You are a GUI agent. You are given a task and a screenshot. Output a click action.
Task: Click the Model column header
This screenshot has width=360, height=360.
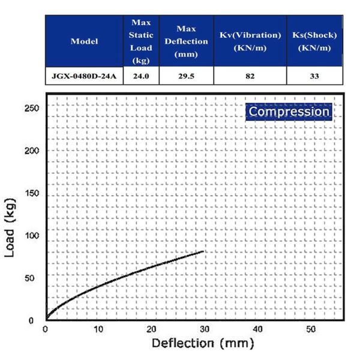(84, 41)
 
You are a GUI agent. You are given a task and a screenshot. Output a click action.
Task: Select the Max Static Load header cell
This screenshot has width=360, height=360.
(141, 41)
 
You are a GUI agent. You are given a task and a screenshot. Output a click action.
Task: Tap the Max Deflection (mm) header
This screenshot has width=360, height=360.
(185, 41)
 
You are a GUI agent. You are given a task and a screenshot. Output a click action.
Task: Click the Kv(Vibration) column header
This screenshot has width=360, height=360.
(250, 41)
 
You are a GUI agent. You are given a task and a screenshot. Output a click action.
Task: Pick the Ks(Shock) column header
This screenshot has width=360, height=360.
(314, 41)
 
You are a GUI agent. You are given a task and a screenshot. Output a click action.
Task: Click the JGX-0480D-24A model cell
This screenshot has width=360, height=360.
(84, 76)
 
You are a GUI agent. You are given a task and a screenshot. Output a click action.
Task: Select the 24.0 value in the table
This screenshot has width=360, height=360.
(141, 76)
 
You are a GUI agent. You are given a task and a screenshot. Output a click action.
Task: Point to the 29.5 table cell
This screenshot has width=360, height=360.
(185, 76)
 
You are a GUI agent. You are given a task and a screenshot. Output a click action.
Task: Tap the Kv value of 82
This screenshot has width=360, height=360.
(250, 76)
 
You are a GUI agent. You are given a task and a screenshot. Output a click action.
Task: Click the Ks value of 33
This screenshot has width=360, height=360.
(314, 76)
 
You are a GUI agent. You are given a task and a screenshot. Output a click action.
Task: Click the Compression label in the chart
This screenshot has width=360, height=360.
(289, 112)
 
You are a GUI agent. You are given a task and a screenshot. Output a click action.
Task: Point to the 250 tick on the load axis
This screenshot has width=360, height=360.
(33, 108)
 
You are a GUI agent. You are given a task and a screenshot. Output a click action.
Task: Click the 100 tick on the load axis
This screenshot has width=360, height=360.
(33, 235)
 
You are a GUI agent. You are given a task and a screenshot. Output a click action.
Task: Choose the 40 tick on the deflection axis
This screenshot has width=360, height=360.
(258, 329)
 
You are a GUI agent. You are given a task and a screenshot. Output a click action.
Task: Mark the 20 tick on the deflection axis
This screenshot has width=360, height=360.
(152, 329)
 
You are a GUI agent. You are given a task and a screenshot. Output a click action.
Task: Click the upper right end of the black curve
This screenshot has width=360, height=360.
(205, 251)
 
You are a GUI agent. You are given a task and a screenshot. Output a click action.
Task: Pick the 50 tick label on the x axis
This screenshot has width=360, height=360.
(311, 329)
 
